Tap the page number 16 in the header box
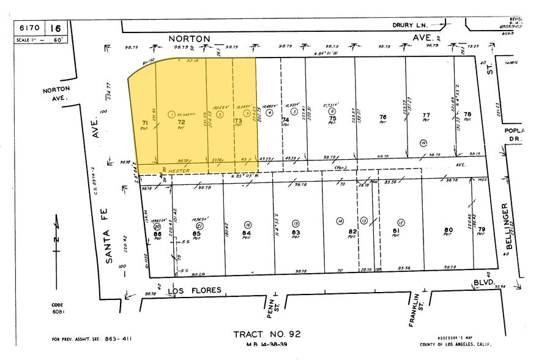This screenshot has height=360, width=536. click(x=56, y=28)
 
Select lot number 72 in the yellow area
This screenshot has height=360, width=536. click(x=181, y=123)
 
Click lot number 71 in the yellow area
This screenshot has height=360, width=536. click(x=145, y=123)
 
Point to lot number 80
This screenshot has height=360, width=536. click(x=448, y=231)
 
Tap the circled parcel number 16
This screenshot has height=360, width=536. click(x=248, y=224)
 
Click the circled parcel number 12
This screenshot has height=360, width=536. click(x=400, y=222)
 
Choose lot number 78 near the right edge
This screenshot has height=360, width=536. click(x=468, y=114)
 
